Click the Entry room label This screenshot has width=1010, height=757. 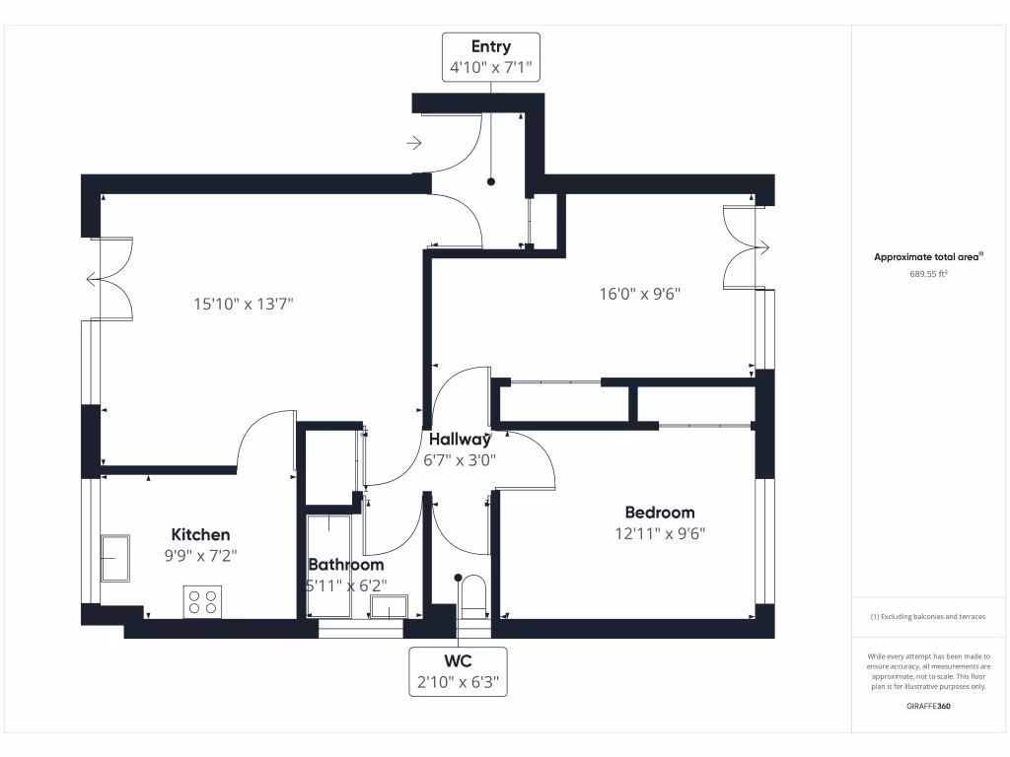(491, 46)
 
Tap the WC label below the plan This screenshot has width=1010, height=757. (458, 661)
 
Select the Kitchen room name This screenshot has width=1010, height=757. (200, 534)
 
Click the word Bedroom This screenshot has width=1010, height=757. (660, 513)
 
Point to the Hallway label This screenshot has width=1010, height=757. (460, 440)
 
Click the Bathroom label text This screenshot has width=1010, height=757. (346, 565)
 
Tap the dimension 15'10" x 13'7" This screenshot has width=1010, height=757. (244, 304)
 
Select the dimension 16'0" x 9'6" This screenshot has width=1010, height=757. (639, 294)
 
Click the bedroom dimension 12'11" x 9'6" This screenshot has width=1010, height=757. (660, 533)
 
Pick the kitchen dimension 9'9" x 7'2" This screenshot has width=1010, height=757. (200, 556)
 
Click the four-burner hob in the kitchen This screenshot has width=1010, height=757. (202, 602)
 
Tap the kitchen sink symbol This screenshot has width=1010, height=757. (115, 558)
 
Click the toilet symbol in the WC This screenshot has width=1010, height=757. (474, 592)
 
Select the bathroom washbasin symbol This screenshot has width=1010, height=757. (389, 606)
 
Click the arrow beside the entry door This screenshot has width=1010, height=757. (414, 143)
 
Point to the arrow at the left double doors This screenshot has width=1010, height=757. (94, 279)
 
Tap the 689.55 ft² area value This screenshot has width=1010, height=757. (928, 274)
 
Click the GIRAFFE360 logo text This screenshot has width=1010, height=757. (928, 706)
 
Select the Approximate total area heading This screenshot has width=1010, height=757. (928, 257)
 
